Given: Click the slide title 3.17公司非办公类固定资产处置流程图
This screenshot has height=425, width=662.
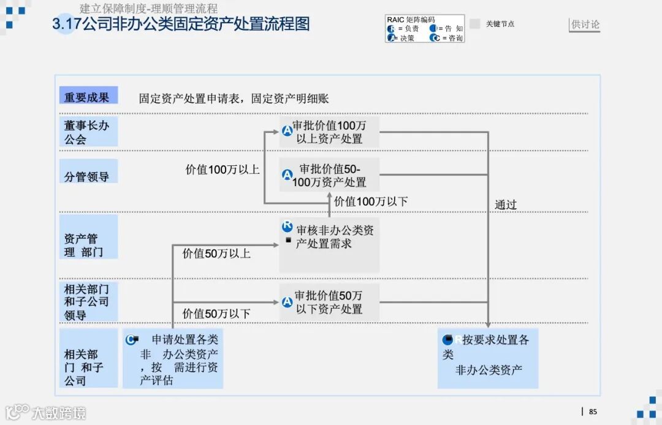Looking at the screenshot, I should (x=181, y=24).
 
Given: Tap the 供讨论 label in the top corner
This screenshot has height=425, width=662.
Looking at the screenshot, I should (x=585, y=24).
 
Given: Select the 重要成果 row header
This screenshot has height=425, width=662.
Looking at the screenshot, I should (x=87, y=97).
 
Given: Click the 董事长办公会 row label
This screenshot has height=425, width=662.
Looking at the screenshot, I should (x=87, y=132).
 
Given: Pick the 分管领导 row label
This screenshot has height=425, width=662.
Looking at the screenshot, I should (x=87, y=176).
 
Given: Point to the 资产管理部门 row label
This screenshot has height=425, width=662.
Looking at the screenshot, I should (x=87, y=245).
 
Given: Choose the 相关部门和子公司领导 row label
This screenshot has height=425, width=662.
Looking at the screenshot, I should (x=87, y=301).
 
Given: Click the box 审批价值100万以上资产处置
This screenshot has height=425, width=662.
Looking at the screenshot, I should (x=329, y=132).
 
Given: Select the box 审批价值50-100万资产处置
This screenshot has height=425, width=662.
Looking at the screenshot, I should (x=329, y=175).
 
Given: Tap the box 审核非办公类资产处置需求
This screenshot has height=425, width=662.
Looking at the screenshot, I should (x=329, y=244).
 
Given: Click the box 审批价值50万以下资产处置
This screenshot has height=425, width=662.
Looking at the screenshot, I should (x=329, y=302).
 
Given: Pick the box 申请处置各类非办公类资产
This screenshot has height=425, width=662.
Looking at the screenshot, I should (x=173, y=359).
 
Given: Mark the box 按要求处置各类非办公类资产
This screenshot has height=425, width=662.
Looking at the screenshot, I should (x=488, y=358).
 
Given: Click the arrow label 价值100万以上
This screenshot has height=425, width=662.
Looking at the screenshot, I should (x=223, y=170).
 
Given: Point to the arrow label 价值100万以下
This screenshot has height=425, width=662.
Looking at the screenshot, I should (x=371, y=201).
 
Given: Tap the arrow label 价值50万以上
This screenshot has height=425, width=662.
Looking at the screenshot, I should (x=216, y=253).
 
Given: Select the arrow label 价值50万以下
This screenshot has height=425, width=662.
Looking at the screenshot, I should (x=216, y=314).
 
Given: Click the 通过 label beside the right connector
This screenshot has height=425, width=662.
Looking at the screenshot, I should (x=506, y=205).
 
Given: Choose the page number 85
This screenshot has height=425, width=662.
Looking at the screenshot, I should (x=593, y=412).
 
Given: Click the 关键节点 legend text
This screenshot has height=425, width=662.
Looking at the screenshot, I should (x=500, y=24).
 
